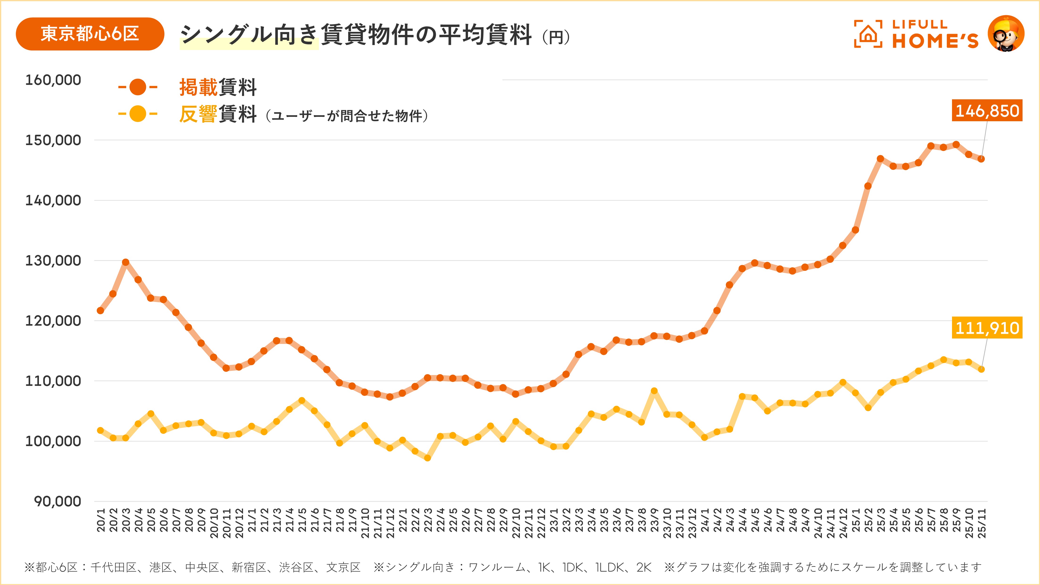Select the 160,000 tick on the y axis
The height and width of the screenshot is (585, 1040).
click(53, 80)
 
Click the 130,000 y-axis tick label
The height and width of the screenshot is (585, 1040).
click(53, 260)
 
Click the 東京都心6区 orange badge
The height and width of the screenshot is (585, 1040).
click(90, 34)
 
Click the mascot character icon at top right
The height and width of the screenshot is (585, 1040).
click(1006, 34)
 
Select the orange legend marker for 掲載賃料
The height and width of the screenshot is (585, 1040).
click(138, 87)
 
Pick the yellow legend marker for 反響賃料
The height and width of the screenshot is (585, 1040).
click(138, 114)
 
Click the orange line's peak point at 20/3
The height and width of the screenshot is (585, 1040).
click(125, 262)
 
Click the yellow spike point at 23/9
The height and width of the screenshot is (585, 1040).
click(654, 391)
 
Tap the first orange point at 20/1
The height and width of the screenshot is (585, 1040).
click(100, 310)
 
